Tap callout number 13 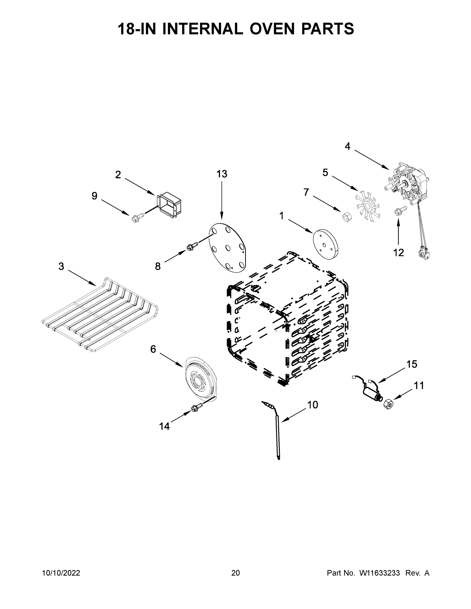coord(222,174)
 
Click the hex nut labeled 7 coord(346,216)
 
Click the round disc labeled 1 coord(325,245)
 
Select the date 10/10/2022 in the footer coord(61,573)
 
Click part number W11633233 coord(380,573)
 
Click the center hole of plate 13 coord(228,247)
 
